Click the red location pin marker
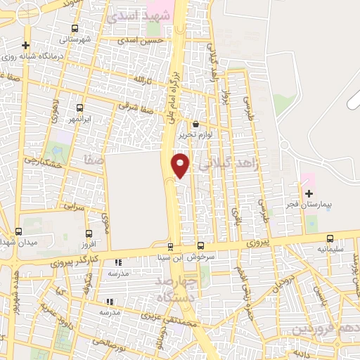pyautogui.click(x=181, y=165)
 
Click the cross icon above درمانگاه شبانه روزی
pyautogui.click(x=25, y=46)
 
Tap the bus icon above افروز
pyautogui.click(x=89, y=233)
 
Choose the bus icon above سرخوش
pyautogui.click(x=200, y=245)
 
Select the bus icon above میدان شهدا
pyautogui.click(x=18, y=231)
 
